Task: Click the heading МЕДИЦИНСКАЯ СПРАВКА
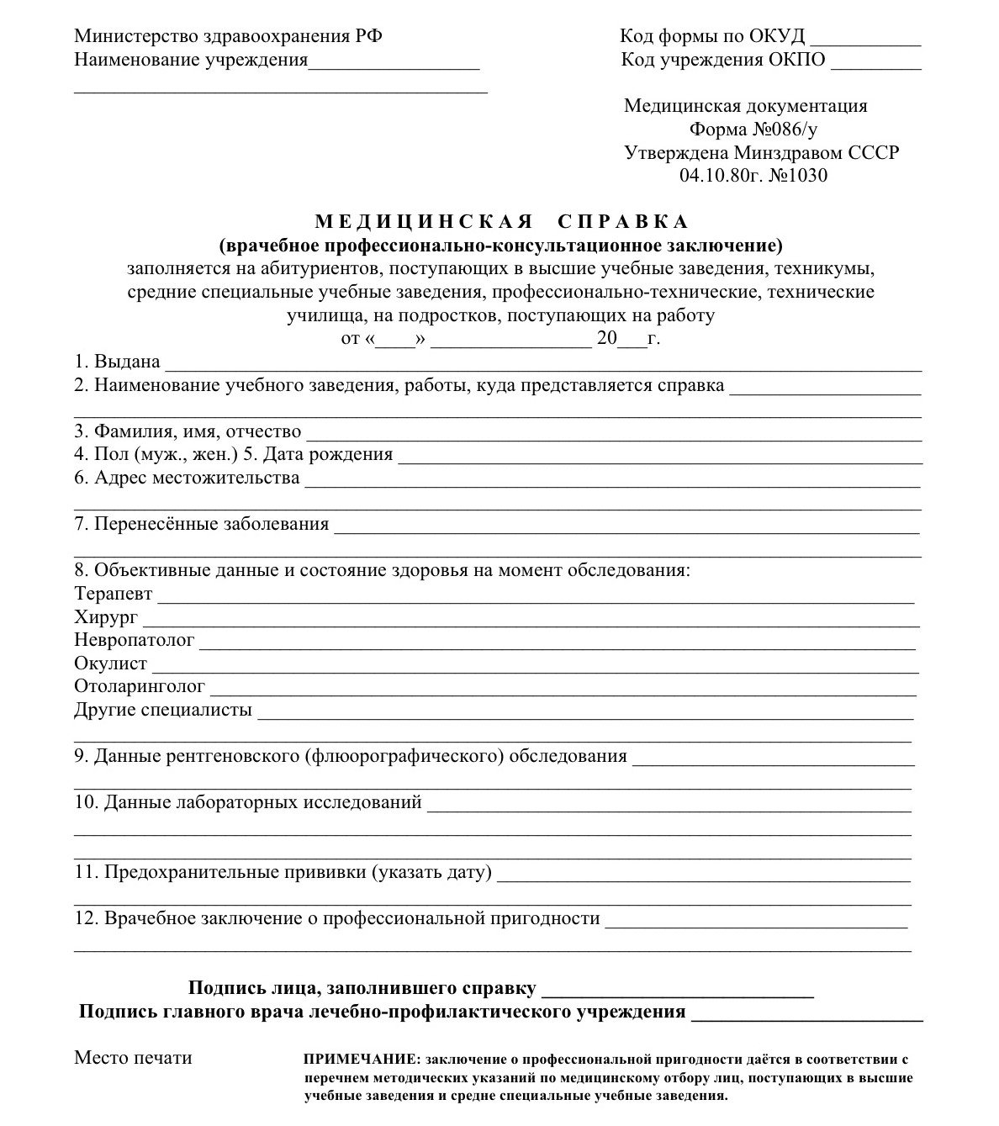[501, 222]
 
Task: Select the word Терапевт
[114, 594]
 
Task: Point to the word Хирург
[106, 617]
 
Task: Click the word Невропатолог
[135, 641]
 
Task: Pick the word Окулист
[110, 664]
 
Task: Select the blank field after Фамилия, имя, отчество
[614, 436]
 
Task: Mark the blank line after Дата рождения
[660, 460]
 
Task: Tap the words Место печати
[133, 1058]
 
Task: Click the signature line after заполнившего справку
[678, 993]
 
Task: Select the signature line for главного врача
[806, 1017]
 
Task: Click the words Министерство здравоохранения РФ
[228, 37]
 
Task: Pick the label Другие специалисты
[163, 710]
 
